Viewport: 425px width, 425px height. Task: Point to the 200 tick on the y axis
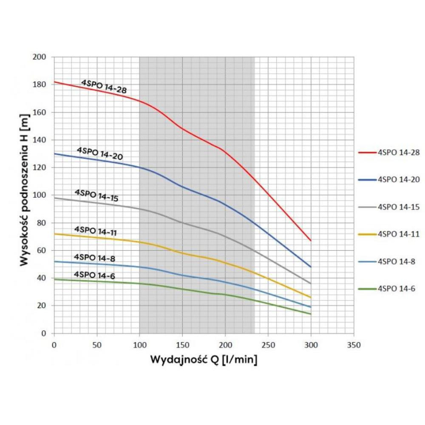41,57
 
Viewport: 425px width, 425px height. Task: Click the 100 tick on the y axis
41,195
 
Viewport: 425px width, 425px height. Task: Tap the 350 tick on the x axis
354,345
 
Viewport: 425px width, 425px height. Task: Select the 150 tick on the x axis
182,345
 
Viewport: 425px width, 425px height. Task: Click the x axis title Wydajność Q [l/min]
204,360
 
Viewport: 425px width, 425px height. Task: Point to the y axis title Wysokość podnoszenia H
24,190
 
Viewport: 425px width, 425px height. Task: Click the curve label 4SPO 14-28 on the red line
104,86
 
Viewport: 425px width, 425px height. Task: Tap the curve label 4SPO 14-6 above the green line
94,275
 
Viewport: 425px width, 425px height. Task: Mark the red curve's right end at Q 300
311,241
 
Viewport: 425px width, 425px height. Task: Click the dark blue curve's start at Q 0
54,153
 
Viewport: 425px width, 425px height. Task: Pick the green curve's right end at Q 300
311,314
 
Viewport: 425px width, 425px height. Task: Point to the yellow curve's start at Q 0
54,234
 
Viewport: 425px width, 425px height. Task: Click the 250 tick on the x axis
268,345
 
